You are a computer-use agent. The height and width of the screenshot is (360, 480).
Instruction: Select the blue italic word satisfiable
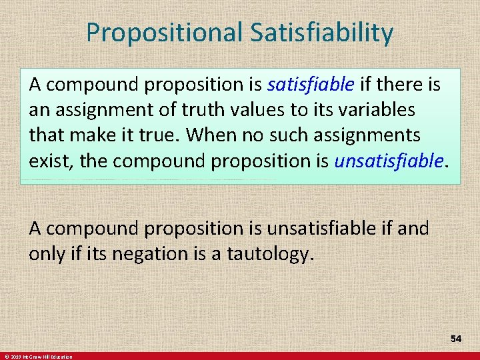(311, 85)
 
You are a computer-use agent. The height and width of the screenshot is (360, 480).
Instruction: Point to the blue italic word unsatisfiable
(389, 161)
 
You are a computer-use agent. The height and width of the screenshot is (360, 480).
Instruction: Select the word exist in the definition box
(47, 161)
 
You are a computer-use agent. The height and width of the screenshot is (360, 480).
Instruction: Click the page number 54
(456, 339)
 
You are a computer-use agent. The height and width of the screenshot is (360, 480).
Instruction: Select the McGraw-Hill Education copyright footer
(37, 357)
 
